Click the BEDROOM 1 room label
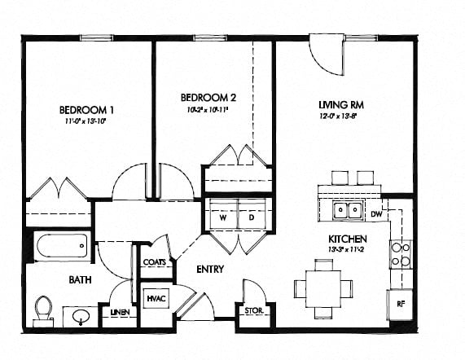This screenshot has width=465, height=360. [86, 111]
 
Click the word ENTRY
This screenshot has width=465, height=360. [210, 269]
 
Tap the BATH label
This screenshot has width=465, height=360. [79, 279]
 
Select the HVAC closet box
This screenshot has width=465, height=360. [156, 298]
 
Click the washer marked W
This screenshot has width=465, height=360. [222, 217]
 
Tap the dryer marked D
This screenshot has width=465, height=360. [252, 217]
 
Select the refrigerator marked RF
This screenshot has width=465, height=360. [401, 304]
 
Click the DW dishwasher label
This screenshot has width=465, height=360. [375, 214]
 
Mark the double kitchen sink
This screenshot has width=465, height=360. [349, 212]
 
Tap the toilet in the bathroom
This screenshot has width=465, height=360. [43, 308]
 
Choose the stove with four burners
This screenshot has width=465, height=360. [400, 254]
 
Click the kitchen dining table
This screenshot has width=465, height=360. [323, 288]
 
